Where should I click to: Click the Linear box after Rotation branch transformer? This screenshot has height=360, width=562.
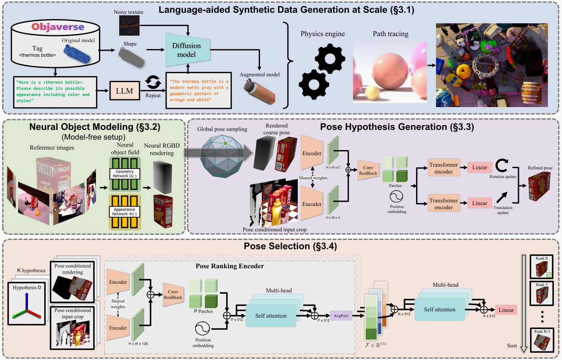click(x=480, y=168)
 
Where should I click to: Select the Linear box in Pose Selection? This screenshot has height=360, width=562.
click(x=506, y=310)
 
